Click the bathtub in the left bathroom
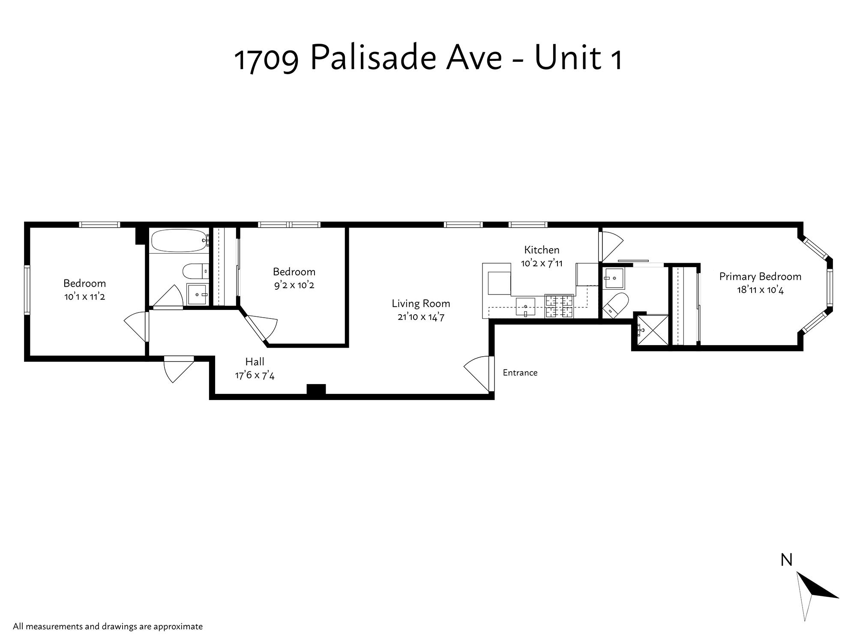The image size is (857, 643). click(179, 241)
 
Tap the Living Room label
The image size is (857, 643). click(421, 303)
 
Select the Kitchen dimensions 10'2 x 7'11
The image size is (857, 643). click(542, 263)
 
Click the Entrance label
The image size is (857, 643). click(520, 373)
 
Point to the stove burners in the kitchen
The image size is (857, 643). click(559, 306)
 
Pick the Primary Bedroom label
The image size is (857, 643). click(760, 276)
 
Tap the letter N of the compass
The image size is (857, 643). click(786, 560)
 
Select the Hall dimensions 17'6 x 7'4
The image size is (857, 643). click(255, 376)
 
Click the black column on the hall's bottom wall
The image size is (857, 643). click(316, 389)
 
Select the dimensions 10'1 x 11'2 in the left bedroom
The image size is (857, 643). click(84, 297)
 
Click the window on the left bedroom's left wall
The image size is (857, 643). click(27, 290)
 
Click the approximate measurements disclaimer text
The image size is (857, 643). click(108, 626)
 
